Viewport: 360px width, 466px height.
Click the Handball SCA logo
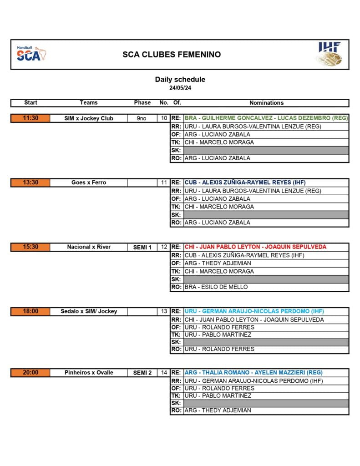point(32,54)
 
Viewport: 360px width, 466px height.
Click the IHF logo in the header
point(329,54)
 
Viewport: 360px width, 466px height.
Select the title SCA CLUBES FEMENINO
point(172,55)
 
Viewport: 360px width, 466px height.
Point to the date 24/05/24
point(180,88)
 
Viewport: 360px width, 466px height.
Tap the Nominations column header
point(266,103)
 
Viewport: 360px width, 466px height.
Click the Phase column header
point(142,103)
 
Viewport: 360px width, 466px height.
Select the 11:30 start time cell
point(30,118)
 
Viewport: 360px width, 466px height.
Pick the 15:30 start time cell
point(30,247)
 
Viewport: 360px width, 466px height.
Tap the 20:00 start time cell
point(30,373)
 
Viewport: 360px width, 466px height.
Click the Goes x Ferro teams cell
point(89,182)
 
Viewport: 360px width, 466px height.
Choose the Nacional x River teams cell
point(89,247)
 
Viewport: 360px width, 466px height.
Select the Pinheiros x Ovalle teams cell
point(89,373)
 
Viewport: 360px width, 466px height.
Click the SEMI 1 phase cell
point(142,247)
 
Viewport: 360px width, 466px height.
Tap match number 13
point(164,311)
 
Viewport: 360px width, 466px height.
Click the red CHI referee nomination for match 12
point(255,247)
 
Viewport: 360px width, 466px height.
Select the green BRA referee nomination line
point(266,118)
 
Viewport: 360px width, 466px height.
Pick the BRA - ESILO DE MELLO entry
point(216,287)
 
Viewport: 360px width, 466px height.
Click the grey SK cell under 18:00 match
point(266,342)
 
